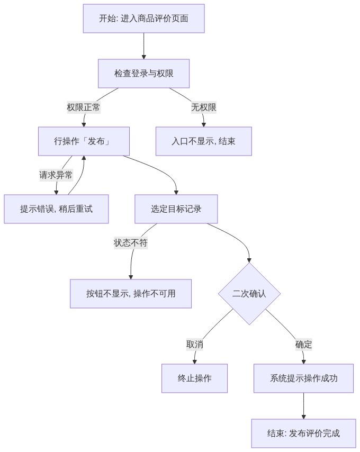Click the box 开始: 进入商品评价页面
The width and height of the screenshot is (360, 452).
144,19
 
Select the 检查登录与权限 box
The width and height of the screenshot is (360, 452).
144,74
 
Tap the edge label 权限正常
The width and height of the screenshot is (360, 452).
84,107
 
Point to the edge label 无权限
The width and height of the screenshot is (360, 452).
204,107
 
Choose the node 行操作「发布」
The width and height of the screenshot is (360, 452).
84,141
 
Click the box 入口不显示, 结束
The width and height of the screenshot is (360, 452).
204,141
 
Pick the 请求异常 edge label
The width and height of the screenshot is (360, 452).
56,175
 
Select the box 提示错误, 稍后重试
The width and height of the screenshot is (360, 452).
56,209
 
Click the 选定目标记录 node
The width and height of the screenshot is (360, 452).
176,209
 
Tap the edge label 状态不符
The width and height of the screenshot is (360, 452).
131,243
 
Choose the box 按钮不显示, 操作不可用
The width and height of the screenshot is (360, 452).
131,294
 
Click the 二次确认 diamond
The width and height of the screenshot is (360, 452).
249,294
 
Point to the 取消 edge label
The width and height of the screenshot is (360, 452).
195,345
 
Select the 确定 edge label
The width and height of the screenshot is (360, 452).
303,345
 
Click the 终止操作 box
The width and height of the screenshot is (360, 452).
194,378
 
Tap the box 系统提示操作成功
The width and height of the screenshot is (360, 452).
303,378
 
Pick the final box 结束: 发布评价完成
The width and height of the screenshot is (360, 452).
303,433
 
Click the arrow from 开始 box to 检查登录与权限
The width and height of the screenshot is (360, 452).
144,46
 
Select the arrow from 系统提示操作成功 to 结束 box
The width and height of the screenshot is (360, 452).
303,406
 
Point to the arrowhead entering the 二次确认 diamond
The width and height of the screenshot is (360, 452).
249,260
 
